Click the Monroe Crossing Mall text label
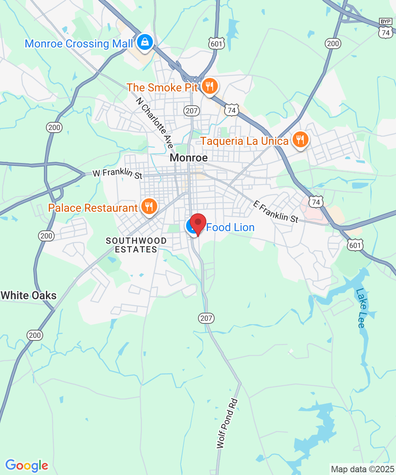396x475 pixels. pos(79,44)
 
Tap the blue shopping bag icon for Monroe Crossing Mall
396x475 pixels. pos(145,42)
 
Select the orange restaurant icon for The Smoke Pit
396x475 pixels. pos(209,85)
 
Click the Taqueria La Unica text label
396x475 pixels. pos(244,141)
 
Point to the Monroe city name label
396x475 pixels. pos(188,158)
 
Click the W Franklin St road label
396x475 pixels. pos(117,174)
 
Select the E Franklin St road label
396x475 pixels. pos(276,212)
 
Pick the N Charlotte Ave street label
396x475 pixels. pos(155,123)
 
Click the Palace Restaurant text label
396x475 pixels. pos(93,207)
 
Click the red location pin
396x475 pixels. pos(198,222)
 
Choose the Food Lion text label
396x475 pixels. pos(230,228)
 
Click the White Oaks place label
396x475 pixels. pos(29,295)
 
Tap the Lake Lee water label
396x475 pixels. pos(360,308)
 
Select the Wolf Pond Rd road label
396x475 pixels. pos(227,423)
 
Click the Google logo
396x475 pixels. pos(27,465)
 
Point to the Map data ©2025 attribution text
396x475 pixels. pos(362,469)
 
